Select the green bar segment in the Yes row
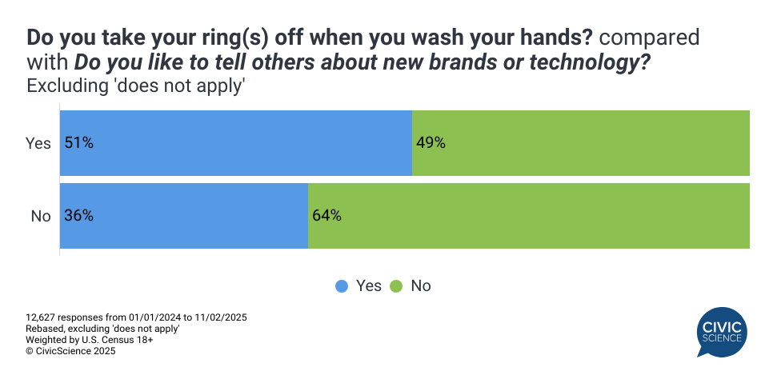click(581, 143)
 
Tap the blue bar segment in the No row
click(184, 216)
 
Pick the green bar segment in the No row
click(529, 216)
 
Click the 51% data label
click(79, 143)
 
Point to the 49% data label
click(431, 143)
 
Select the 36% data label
click(79, 216)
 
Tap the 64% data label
click(327, 216)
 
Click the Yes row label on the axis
click(38, 143)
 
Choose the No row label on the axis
click(41, 216)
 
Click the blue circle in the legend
click(342, 285)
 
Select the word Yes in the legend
click(369, 285)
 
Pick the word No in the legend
click(420, 285)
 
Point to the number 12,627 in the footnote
click(42, 317)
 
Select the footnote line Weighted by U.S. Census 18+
click(90, 340)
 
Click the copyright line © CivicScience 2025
click(71, 351)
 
